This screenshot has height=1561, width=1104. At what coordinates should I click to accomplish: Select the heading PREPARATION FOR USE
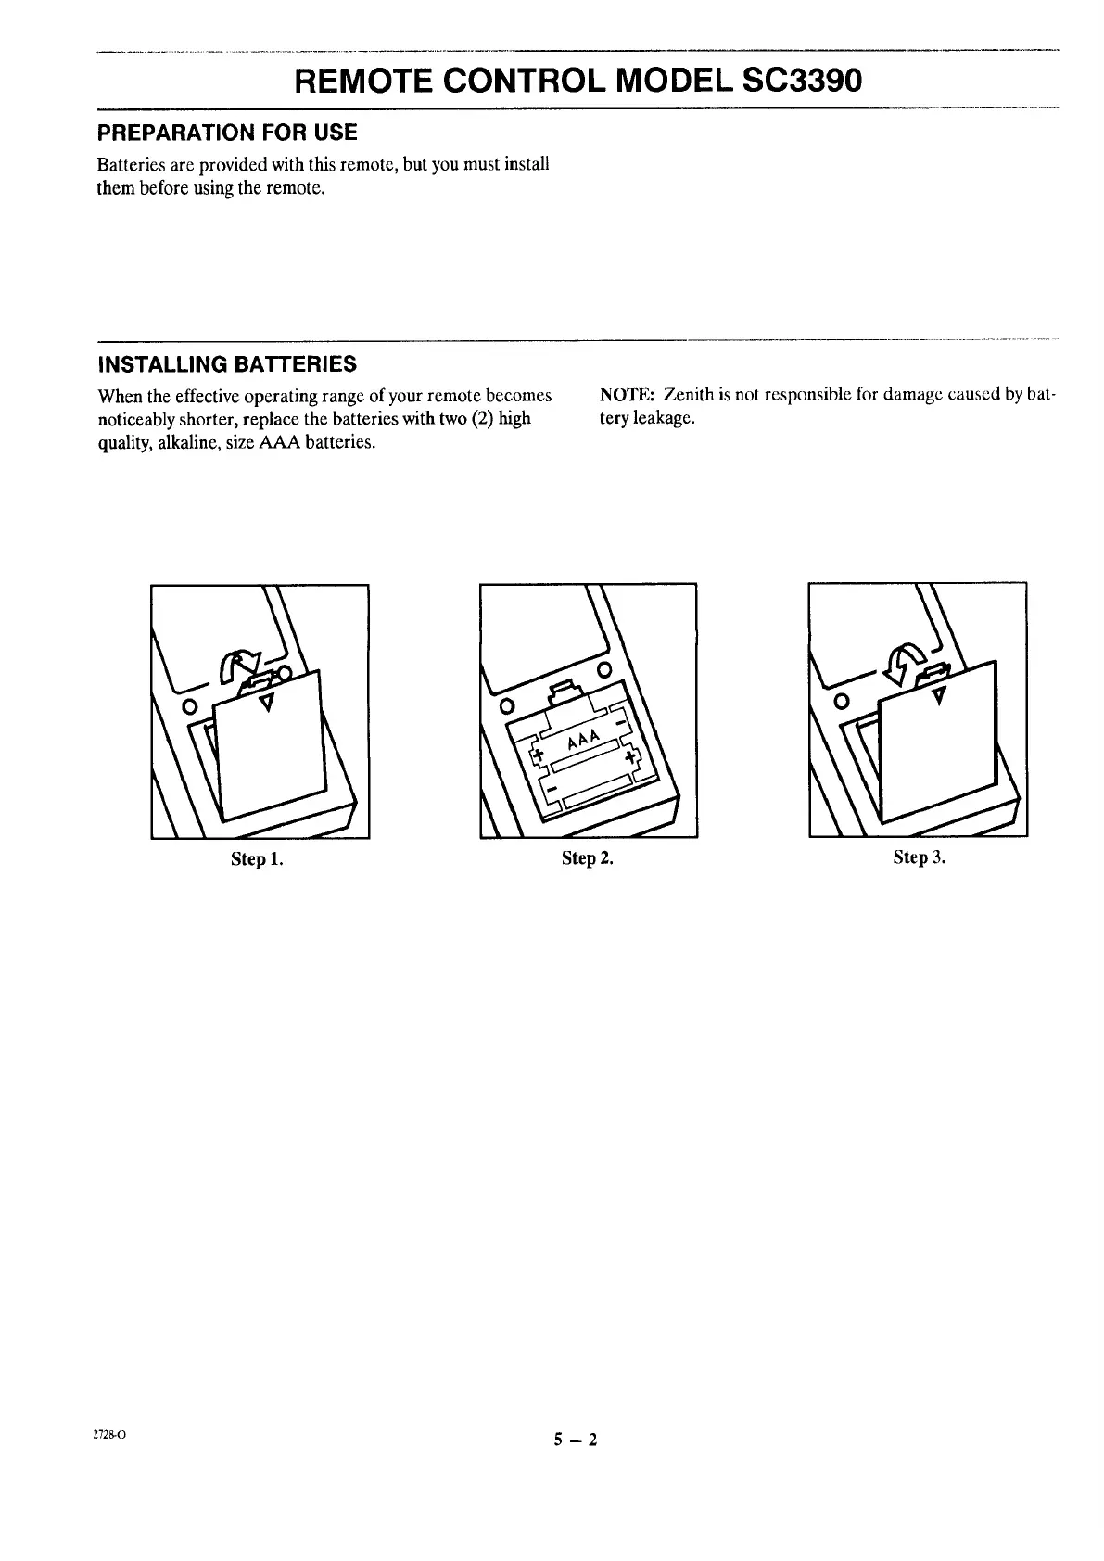click(227, 133)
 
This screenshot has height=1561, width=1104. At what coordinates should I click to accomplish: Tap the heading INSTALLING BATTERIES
click(227, 362)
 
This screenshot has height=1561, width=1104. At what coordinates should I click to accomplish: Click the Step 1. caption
click(257, 858)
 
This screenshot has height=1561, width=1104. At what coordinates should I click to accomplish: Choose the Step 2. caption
click(588, 858)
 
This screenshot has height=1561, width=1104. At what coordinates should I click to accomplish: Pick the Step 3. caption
click(919, 857)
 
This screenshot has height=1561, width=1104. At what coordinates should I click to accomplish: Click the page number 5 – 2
click(576, 1440)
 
